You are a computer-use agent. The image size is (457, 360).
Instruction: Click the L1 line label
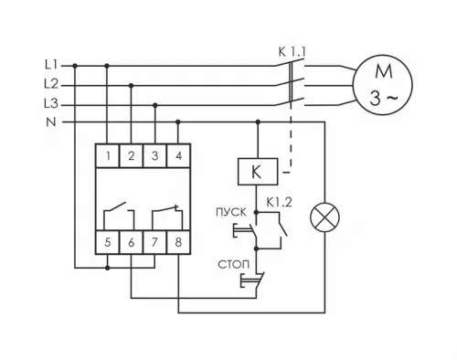[x=50, y=66]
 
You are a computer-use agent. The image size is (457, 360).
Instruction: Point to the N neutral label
[x=51, y=122]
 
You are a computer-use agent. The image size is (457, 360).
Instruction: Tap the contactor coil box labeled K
[x=255, y=172]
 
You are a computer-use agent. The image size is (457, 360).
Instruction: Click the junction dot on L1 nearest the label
[x=75, y=66]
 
